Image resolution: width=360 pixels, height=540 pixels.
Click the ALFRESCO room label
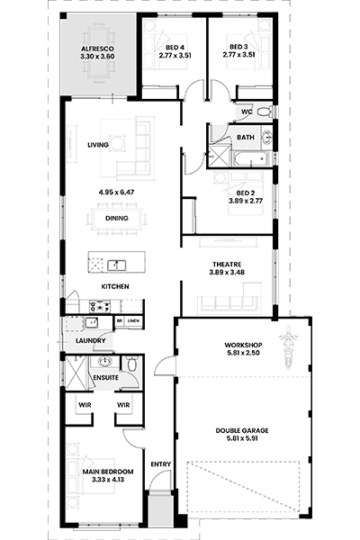pyautogui.click(x=97, y=49)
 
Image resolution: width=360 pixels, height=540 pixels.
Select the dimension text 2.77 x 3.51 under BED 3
pyautogui.click(x=238, y=54)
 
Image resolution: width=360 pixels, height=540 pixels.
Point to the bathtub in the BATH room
pyautogui.click(x=251, y=159)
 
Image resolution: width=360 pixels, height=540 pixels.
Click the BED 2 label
pyautogui.click(x=246, y=193)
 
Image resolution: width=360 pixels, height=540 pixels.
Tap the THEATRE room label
pyautogui.click(x=227, y=264)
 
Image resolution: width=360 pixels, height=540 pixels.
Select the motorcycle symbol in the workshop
pyautogui.click(x=288, y=347)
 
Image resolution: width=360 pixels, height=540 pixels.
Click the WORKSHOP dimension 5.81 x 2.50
pyautogui.click(x=243, y=353)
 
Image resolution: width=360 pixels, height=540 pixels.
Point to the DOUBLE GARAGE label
pyautogui.click(x=242, y=430)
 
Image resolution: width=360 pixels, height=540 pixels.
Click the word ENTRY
pyautogui.click(x=161, y=464)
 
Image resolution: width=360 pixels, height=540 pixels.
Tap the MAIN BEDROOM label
pyautogui.click(x=108, y=472)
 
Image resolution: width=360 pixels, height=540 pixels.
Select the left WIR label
pyautogui.click(x=85, y=405)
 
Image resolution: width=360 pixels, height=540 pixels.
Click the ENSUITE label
pyautogui.click(x=106, y=378)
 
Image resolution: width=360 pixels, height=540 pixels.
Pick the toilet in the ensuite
pyautogui.click(x=132, y=364)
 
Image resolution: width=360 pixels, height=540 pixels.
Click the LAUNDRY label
pyautogui.click(x=90, y=340)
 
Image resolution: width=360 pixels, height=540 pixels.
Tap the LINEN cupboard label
pyautogui.click(x=133, y=321)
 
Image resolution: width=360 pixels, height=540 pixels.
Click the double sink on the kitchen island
pyautogui.click(x=116, y=265)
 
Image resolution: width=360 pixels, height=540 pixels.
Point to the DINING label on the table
pyautogui.click(x=117, y=218)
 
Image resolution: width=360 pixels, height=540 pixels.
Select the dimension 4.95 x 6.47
pyautogui.click(x=116, y=193)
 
